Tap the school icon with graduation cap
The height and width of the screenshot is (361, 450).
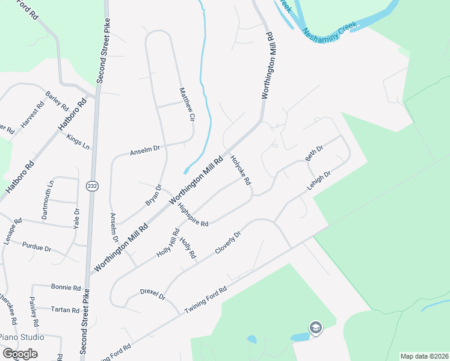point(316,328)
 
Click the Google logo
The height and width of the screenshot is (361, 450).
point(20,353)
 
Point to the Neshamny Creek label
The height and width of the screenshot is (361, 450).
point(330,28)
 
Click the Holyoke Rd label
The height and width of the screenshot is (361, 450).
point(241,170)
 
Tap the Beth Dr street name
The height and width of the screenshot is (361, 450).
point(314,153)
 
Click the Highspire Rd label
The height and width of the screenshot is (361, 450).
point(193,215)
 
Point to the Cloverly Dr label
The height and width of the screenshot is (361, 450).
point(227,242)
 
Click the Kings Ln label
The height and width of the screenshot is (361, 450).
point(78,141)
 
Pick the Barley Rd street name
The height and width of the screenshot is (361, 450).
point(57,101)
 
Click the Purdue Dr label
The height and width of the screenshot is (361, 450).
point(37,246)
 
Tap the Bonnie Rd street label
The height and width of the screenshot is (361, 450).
point(66,288)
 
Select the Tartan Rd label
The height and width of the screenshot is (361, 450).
point(66,310)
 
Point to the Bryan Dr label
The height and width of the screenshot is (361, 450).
point(153,195)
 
